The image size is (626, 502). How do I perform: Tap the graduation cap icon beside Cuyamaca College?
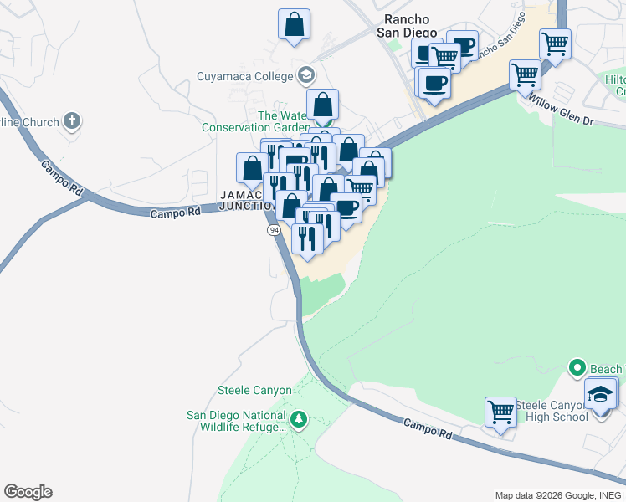(x=305, y=75)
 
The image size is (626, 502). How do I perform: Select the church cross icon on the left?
(x=72, y=121)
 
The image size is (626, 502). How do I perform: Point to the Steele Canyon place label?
(x=254, y=390)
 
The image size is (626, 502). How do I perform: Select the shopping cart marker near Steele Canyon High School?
(x=500, y=411)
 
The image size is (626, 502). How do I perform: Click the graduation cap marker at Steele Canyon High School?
(x=600, y=393)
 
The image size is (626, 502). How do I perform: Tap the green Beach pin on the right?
(x=577, y=368)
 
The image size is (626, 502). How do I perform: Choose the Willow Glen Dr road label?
(x=561, y=110)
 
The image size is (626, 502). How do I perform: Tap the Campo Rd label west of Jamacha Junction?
(x=177, y=213)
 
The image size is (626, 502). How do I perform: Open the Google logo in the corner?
(x=28, y=492)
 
